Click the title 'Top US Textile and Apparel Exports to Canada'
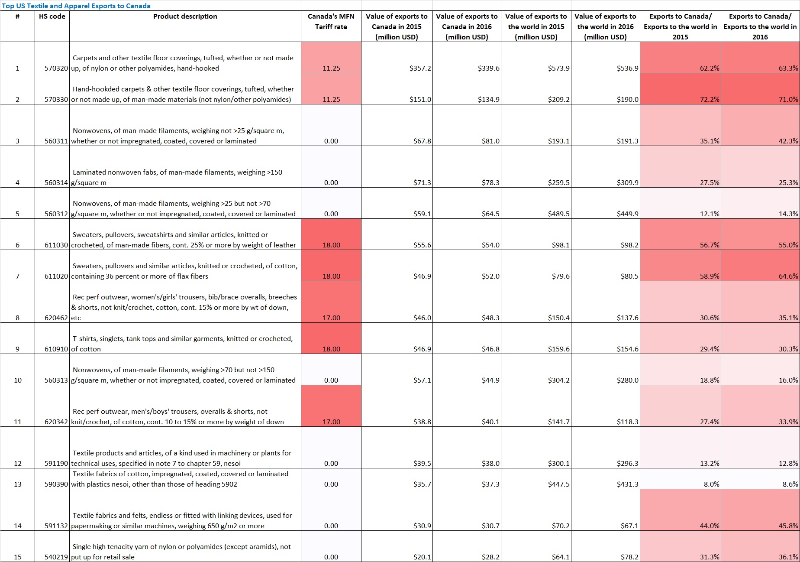click(x=76, y=6)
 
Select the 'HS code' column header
click(x=52, y=16)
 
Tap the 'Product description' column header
click(x=185, y=16)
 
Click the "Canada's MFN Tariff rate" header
click(x=331, y=22)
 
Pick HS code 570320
click(x=57, y=68)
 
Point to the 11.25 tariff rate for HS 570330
click(x=331, y=100)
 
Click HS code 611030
click(x=57, y=245)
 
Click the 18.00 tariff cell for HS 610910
click(x=331, y=349)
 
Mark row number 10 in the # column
click(x=18, y=380)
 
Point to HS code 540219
click(x=57, y=557)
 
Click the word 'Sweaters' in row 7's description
click(x=87, y=266)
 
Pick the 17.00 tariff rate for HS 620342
click(x=331, y=422)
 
